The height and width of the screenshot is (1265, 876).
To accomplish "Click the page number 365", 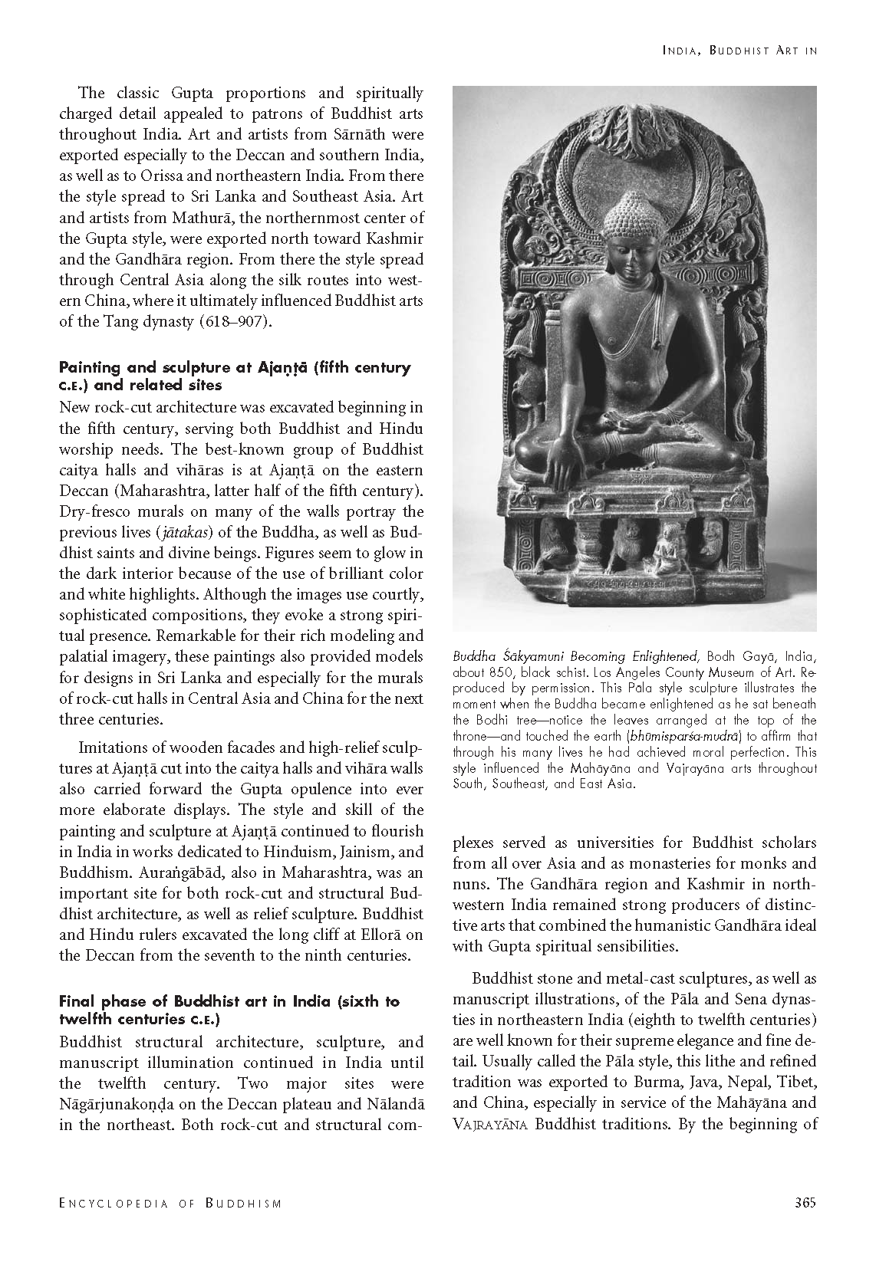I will click(805, 1202).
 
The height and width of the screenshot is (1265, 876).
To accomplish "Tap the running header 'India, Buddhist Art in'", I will click(739, 51).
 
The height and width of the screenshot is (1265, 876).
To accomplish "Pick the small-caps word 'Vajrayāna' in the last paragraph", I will click(490, 1124).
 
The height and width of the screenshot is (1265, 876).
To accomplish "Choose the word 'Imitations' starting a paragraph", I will click(111, 747).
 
